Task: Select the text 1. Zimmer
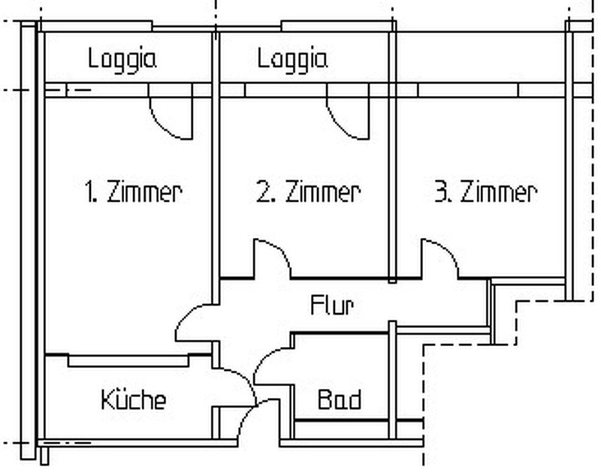point(133,191)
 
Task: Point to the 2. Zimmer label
point(308,191)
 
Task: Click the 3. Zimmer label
point(486,191)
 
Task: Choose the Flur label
point(332,306)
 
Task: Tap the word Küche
point(134,399)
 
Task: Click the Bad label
point(340,399)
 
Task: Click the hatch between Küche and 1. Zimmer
point(128,361)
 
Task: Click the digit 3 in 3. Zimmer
point(440,191)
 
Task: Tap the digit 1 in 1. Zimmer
point(89,191)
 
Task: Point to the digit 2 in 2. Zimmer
point(263,191)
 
